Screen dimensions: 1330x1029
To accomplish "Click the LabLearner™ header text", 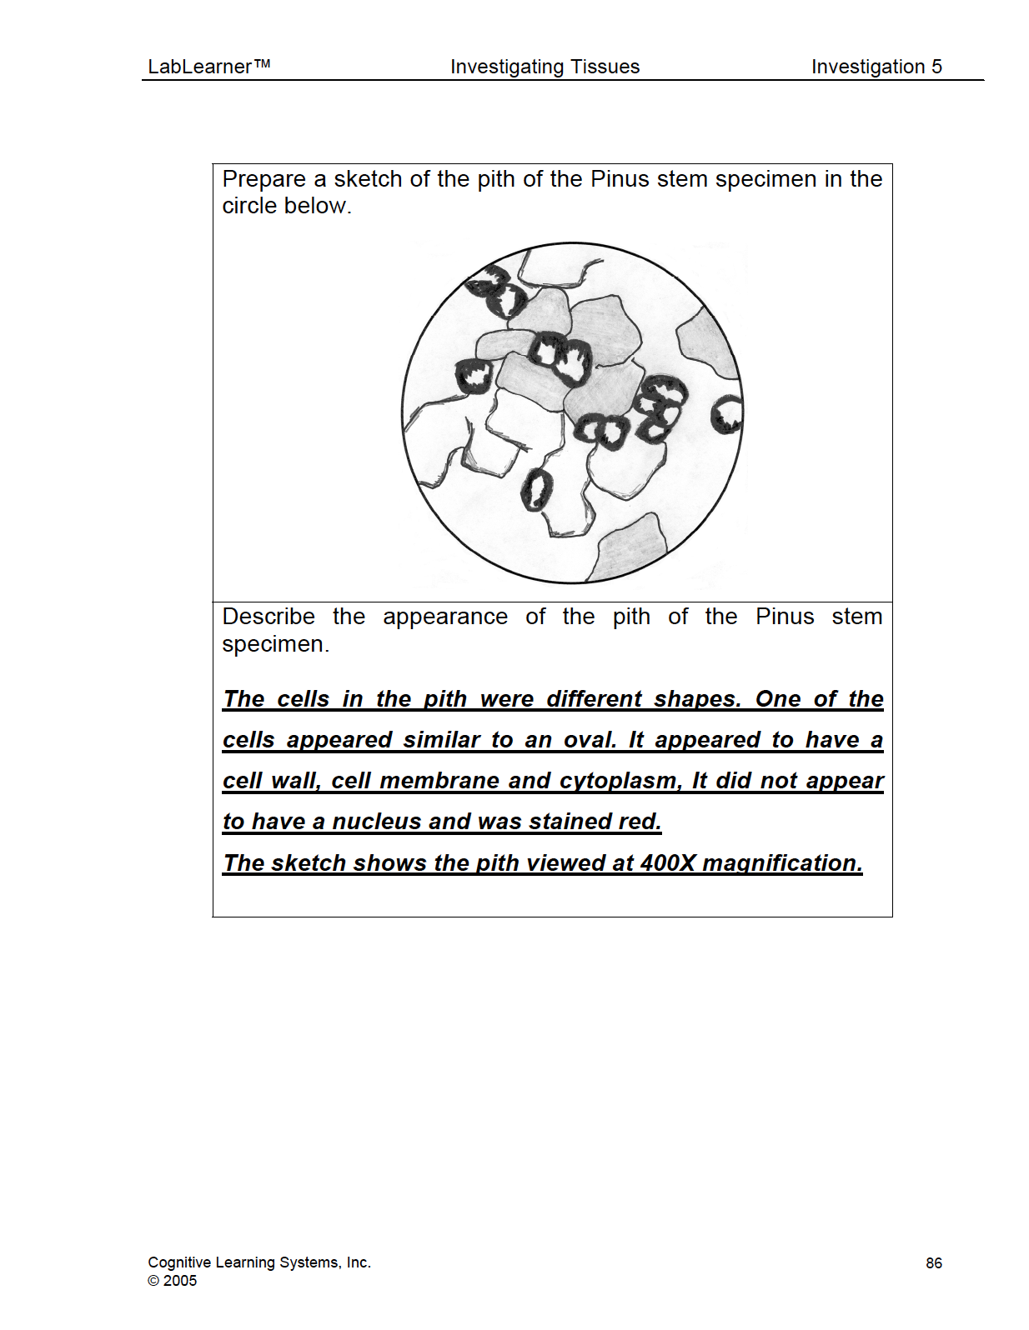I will pos(208,67).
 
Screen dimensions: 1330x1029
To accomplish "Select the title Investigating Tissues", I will pos(545,67).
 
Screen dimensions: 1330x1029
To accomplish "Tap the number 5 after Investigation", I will pos(936,67).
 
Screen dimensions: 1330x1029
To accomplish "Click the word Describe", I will pos(269,617).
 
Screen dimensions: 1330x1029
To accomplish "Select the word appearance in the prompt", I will pos(445,617).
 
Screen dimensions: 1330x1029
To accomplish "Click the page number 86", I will pos(934,1263).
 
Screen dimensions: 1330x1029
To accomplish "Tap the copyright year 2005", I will pos(180,1281).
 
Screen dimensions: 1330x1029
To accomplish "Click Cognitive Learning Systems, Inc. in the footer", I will pos(259,1262).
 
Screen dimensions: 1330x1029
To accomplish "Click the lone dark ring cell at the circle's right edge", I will pos(726,414).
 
